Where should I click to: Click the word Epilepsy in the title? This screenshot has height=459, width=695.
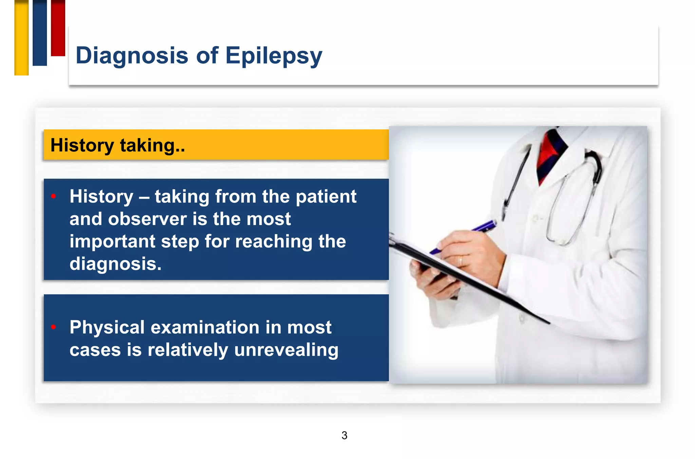pos(274,56)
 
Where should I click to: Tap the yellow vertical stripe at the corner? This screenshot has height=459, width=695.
pos(21,37)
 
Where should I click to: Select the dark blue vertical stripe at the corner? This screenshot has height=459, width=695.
pos(40,33)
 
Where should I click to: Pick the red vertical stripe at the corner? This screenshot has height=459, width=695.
pos(58,28)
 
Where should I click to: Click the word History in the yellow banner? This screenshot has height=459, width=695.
pos(82,145)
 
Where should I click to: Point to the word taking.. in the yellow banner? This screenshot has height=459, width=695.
pos(152,145)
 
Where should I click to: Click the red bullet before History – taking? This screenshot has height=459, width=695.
pos(53,196)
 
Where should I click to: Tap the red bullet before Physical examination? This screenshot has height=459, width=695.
pos(53,327)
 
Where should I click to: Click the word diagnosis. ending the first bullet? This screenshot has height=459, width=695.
pos(115,264)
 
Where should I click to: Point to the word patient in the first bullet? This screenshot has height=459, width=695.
pos(326,197)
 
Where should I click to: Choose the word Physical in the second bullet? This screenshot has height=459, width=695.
pos(107,328)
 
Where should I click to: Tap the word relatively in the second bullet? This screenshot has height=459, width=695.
pos(188,350)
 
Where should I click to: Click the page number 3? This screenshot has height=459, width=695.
pos(344,435)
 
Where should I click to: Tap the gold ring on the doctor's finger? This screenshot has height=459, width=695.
pos(461,261)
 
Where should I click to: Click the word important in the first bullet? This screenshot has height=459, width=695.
pos(112,242)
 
